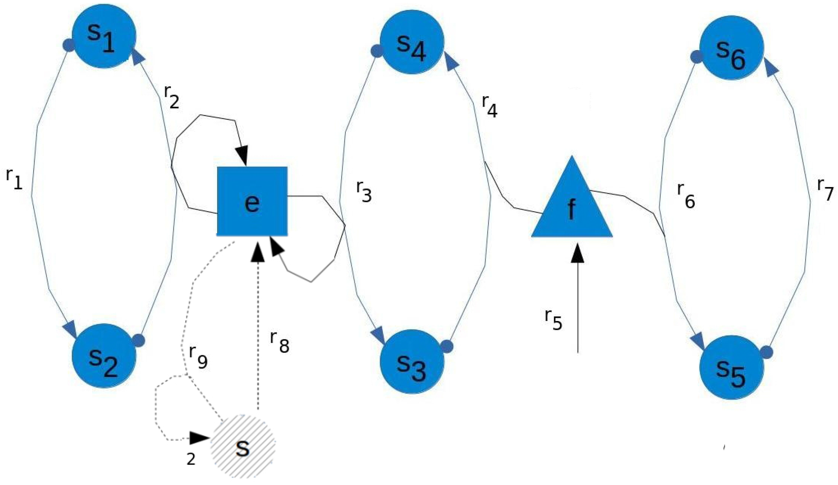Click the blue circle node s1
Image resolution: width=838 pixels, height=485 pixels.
pyautogui.click(x=103, y=36)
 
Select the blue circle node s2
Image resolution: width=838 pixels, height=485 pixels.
pyautogui.click(x=103, y=356)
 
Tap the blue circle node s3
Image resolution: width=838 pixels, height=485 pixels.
pyautogui.click(x=412, y=361)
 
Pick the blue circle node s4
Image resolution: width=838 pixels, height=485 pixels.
pyautogui.click(x=412, y=42)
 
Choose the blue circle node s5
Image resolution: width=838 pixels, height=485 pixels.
pyautogui.click(x=731, y=367)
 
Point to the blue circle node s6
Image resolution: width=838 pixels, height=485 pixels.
pyautogui.click(x=731, y=48)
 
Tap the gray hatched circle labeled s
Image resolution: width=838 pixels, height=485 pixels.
pyautogui.click(x=243, y=447)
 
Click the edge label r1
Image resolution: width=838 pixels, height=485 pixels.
pyautogui.click(x=14, y=179)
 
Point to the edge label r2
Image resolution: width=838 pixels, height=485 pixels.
pyautogui.click(x=171, y=97)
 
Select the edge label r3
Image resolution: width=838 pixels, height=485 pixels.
pyautogui.click(x=364, y=192)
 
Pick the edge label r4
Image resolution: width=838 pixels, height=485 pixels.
pyautogui.click(x=489, y=106)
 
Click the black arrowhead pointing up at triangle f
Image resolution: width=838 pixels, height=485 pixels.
pyautogui.click(x=577, y=253)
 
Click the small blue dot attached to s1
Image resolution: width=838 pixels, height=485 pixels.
pyautogui.click(x=69, y=45)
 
